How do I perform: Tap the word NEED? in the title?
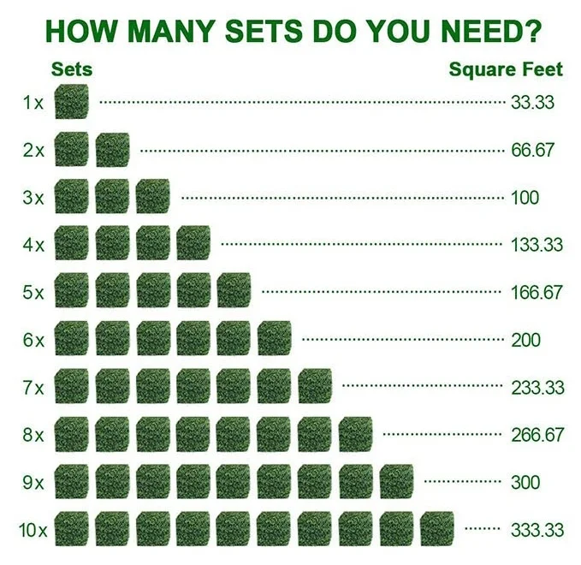point(487,31)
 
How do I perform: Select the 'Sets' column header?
point(72,69)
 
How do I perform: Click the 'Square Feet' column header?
point(506,69)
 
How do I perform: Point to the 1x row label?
point(33,104)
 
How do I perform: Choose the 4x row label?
point(33,245)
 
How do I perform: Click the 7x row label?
point(33,388)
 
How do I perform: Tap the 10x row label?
point(33,530)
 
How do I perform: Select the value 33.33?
point(532,103)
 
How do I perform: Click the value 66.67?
point(532,151)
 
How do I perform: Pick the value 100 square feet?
point(525,198)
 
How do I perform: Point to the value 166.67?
point(537,292)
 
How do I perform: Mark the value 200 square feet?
point(525,340)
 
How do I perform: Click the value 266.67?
point(537,435)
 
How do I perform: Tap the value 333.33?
point(537,530)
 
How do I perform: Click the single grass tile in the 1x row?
point(71,103)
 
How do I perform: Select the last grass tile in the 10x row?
point(436,529)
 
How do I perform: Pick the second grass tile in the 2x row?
point(112,151)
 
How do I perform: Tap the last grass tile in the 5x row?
point(234,292)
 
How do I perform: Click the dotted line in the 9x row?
point(463,482)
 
